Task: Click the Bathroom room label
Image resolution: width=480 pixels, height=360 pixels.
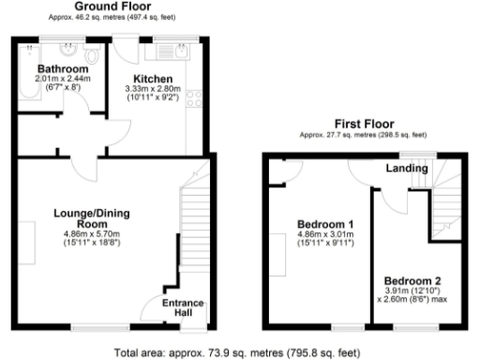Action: point(63,69)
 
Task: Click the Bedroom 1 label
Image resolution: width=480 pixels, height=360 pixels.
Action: point(324,225)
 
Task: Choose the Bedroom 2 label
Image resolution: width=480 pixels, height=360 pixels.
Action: point(412,281)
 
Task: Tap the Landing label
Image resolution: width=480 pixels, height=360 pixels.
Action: point(408,169)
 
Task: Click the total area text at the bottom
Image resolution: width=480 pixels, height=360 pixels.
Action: point(235,352)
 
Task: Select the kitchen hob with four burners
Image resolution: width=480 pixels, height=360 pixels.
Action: point(194,98)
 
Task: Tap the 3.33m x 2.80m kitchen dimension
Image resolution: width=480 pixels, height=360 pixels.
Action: point(153,89)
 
